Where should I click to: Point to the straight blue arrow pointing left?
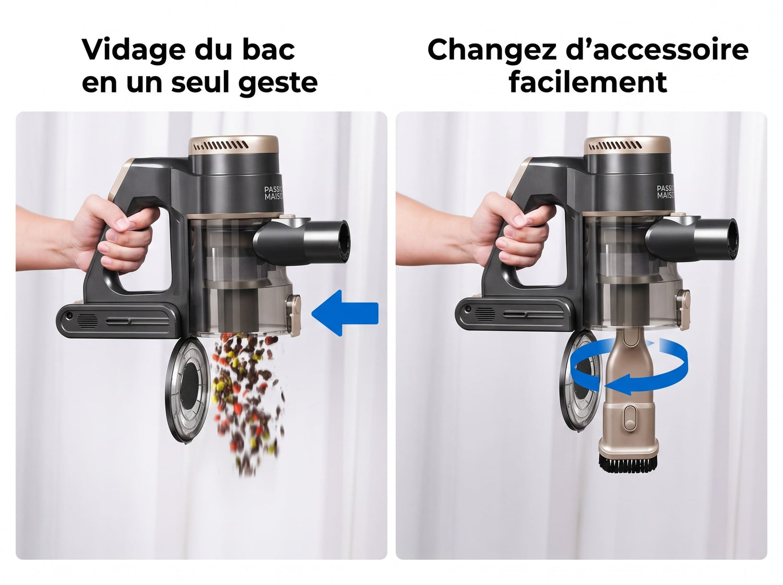tap(345, 313)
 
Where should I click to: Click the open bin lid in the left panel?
tap(187, 390)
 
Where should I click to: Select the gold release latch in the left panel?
tap(293, 315)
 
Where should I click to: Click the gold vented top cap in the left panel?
tap(233, 145)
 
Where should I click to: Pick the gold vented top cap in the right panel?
tap(627, 146)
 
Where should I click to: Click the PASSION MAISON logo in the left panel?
tap(274, 193)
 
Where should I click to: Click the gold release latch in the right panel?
tap(683, 310)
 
